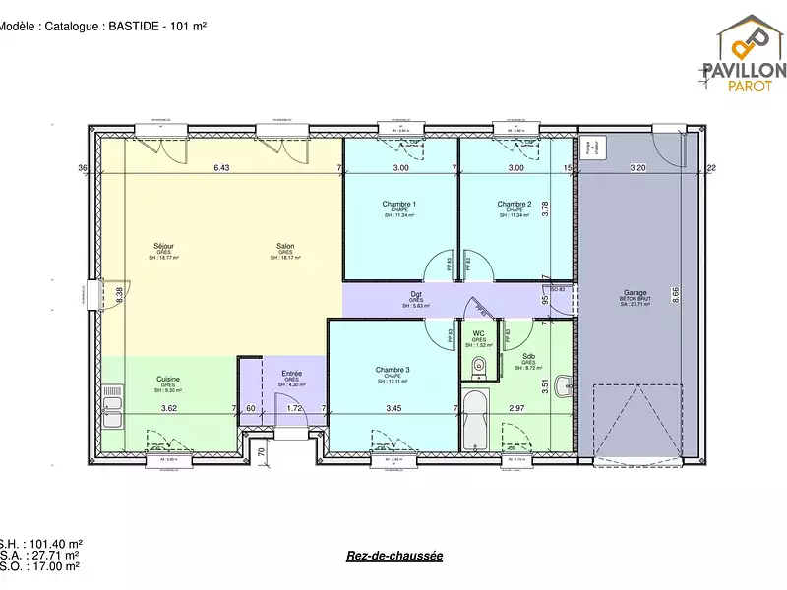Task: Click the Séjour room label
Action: pyautogui.click(x=164, y=246)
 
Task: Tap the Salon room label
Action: pyautogui.click(x=285, y=246)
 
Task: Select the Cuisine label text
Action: pyautogui.click(x=168, y=379)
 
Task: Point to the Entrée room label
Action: pyautogui.click(x=292, y=374)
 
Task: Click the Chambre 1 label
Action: pyautogui.click(x=399, y=205)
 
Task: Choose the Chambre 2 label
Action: pyautogui.click(x=515, y=205)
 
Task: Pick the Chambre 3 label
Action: pyautogui.click(x=393, y=370)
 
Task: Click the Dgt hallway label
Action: pyautogui.click(x=417, y=294)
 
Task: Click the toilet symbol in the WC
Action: pyautogui.click(x=478, y=367)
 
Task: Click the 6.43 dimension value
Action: pyautogui.click(x=221, y=168)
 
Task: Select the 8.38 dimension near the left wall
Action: pyautogui.click(x=119, y=292)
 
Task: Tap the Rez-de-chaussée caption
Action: pyautogui.click(x=394, y=556)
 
